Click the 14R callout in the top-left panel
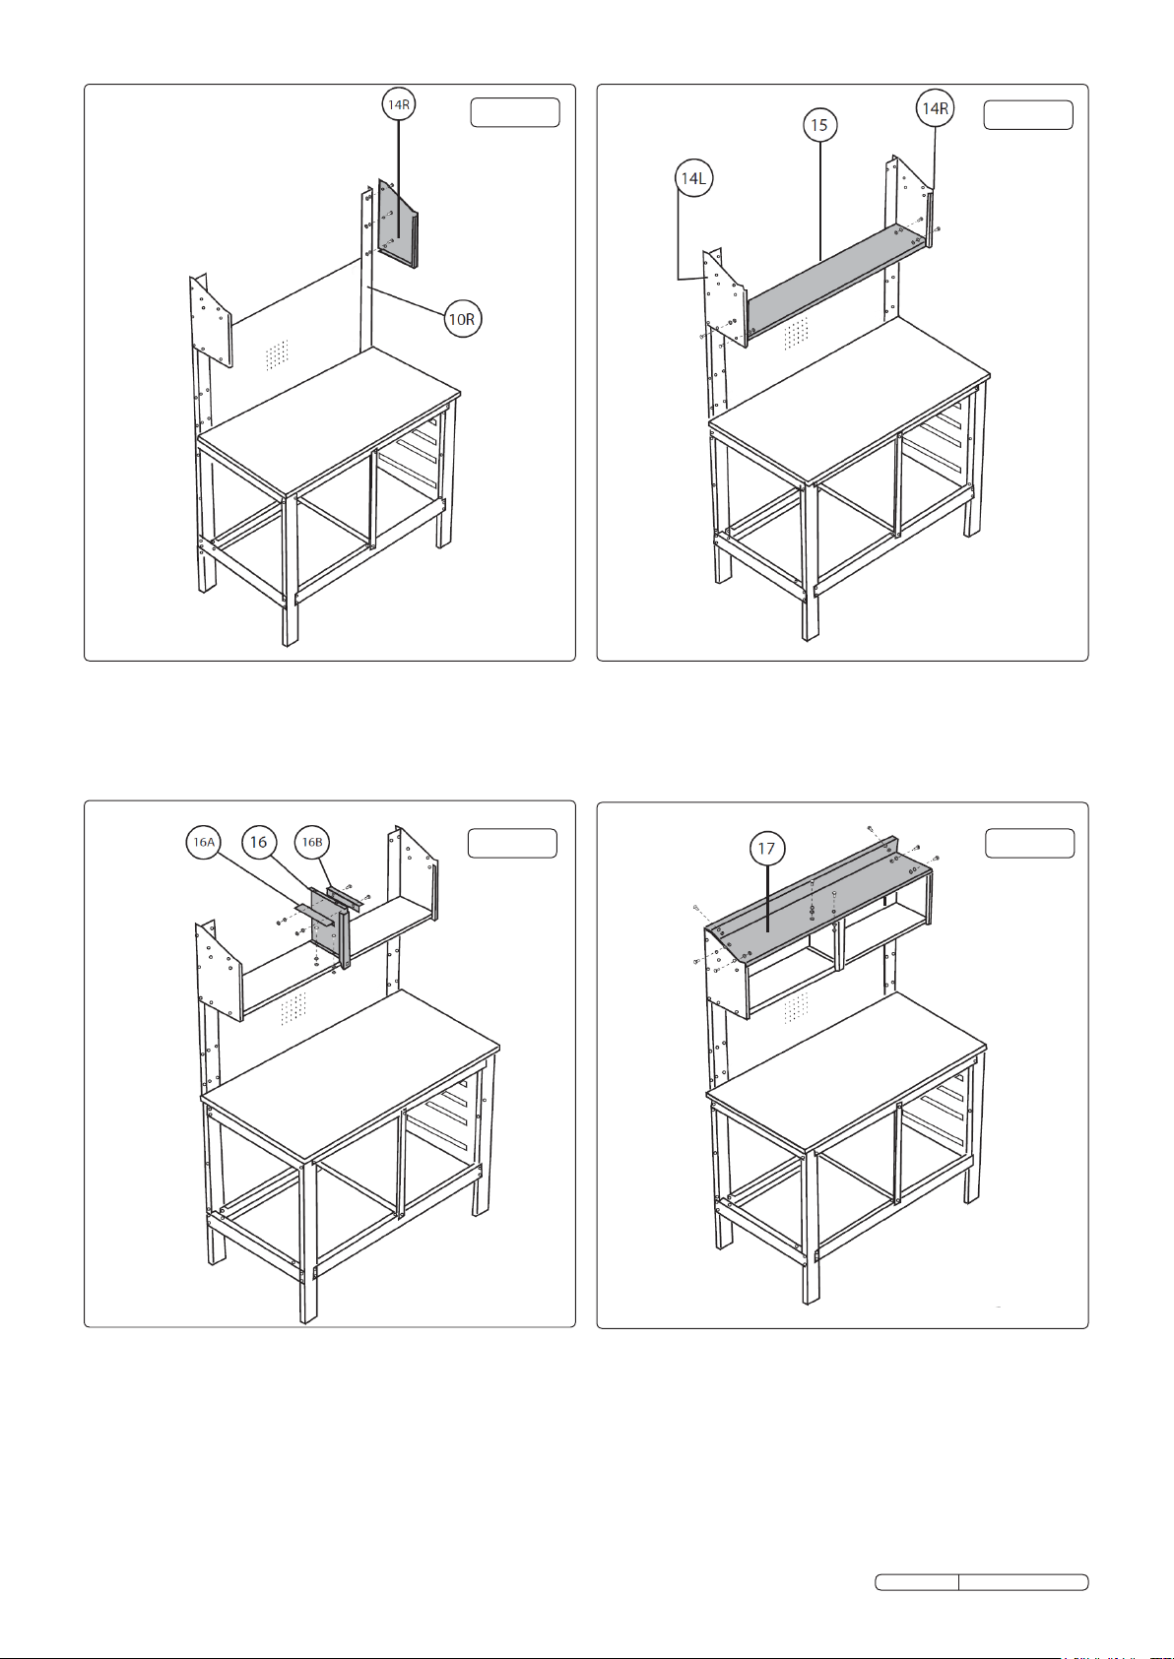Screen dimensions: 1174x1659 point(399,104)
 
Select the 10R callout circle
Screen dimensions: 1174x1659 point(462,319)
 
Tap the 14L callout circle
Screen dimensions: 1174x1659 point(694,178)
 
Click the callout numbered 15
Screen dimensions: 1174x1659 point(820,124)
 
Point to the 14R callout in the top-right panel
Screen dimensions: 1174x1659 point(935,109)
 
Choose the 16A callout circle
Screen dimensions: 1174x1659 point(204,842)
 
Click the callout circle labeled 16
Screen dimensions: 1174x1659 point(258,842)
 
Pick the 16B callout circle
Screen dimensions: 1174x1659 point(312,842)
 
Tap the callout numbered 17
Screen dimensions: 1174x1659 point(766,849)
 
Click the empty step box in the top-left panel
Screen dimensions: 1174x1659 point(515,112)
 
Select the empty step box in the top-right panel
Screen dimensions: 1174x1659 point(1028,115)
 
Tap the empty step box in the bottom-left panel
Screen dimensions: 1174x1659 point(512,844)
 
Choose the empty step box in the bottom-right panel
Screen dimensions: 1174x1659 point(1029,844)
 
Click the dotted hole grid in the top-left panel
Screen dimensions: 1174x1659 point(277,354)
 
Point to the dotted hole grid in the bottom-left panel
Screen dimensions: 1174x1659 point(293,1009)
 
